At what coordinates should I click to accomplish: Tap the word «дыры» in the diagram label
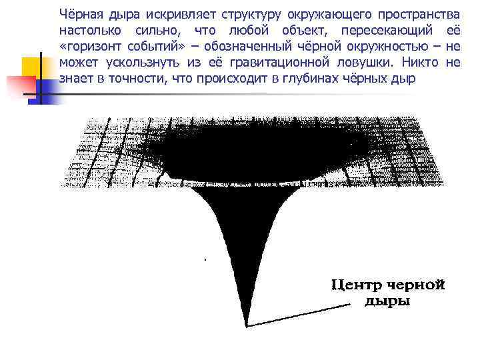388,301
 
